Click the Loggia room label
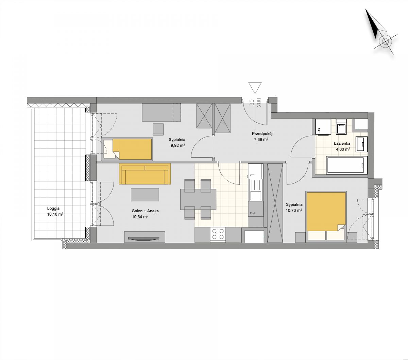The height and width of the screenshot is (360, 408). [53, 209]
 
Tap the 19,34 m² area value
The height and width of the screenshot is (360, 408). [140, 217]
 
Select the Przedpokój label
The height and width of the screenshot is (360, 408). [262, 133]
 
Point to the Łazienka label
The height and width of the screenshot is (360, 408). [342, 143]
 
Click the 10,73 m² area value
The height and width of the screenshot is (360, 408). [294, 211]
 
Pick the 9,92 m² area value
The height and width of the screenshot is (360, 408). [178, 145]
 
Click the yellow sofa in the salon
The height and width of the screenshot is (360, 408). [145, 174]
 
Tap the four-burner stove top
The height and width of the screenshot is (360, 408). [218, 235]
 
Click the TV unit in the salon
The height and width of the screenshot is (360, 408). [144, 237]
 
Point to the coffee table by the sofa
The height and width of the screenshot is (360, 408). [145, 195]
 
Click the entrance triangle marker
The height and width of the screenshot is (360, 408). [255, 88]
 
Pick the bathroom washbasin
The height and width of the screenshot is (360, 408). [361, 144]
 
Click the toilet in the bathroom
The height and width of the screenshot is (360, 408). [341, 126]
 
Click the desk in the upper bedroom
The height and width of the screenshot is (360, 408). [161, 112]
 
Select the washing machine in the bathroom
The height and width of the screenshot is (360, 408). [323, 127]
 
